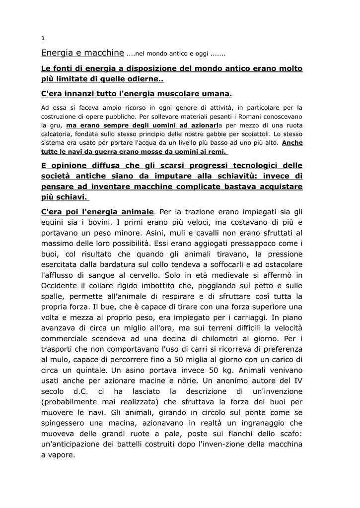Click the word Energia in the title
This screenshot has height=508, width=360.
pyautogui.click(x=57, y=52)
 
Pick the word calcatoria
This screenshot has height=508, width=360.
pyautogui.click(x=57, y=134)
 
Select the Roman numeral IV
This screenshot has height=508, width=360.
pyautogui.click(x=297, y=380)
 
